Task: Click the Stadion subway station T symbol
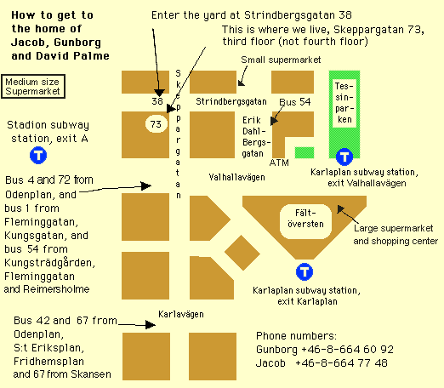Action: pyautogui.click(x=38, y=155)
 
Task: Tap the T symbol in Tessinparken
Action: pyautogui.click(x=344, y=157)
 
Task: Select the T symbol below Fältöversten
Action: pyautogui.click(x=305, y=271)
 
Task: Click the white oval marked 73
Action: pyautogui.click(x=157, y=124)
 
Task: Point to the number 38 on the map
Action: pyautogui.click(x=157, y=101)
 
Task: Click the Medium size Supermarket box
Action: pyautogui.click(x=33, y=87)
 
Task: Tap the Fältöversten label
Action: pyautogui.click(x=305, y=219)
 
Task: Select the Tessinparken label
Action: pyautogui.click(x=344, y=103)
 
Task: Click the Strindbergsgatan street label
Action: pyautogui.click(x=231, y=101)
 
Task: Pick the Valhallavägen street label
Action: pyautogui.click(x=236, y=177)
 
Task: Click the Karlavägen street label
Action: pyautogui.click(x=181, y=314)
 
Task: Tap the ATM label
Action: pyautogui.click(x=279, y=163)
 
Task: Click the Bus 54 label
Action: pyautogui.click(x=295, y=102)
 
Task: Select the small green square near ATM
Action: pyautogui.click(x=305, y=152)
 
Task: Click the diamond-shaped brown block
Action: pyautogui.click(x=242, y=253)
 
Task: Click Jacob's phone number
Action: pyautogui.click(x=341, y=363)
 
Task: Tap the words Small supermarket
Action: pyautogui.click(x=281, y=60)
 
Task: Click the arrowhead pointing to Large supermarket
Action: pyautogui.click(x=340, y=209)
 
